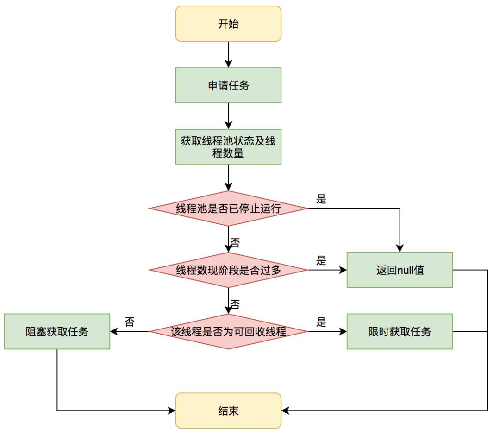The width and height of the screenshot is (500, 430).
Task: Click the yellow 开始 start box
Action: [x=228, y=24]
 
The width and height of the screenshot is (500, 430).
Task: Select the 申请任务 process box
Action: [x=228, y=85]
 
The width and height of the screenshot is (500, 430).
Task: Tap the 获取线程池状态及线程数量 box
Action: [x=228, y=147]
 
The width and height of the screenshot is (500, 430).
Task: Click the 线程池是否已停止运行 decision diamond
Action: [x=228, y=209]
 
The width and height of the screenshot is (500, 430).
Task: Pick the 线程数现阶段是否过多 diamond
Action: [x=228, y=270]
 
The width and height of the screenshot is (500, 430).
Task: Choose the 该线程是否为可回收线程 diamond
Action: [x=228, y=332]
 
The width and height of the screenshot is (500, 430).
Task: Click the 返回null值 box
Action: [x=400, y=270]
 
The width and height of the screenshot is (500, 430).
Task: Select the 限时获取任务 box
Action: [x=400, y=332]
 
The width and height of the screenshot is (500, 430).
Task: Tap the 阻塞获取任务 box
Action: [x=57, y=332]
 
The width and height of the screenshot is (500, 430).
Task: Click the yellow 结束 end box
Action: [x=228, y=411]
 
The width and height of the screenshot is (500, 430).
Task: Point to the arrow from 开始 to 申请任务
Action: [x=228, y=55]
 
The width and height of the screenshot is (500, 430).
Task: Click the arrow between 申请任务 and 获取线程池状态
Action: [x=228, y=116]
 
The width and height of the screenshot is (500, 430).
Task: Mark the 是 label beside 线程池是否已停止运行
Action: [x=321, y=199]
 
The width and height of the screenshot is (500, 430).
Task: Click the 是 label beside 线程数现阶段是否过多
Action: [x=321, y=261]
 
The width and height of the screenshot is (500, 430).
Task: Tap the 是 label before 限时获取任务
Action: [x=321, y=322]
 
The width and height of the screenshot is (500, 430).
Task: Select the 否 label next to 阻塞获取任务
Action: [x=130, y=322]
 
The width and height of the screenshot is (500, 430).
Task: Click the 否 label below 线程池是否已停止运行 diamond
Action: [x=235, y=242]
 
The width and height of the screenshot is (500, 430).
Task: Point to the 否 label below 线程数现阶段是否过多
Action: [x=235, y=304]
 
